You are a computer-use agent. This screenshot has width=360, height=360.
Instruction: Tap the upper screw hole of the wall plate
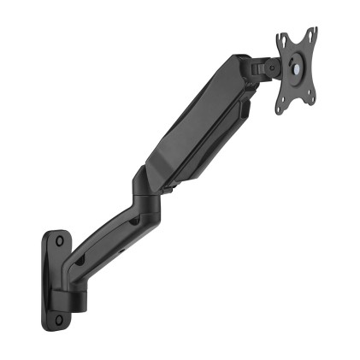(x=57, y=242)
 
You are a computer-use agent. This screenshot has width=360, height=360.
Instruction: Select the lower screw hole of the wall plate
(x=60, y=319)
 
